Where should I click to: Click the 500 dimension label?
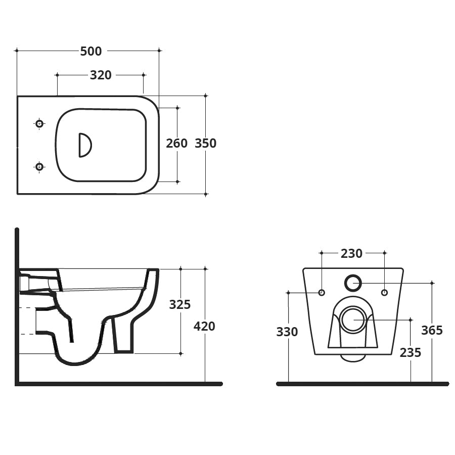coord(91,51)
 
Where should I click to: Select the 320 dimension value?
coord(101,75)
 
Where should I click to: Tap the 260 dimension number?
coord(177,143)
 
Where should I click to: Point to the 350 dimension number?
coord(206,143)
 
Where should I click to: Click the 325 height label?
coord(180,304)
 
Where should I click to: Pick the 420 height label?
coord(204,327)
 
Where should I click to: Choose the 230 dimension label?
coord(351,253)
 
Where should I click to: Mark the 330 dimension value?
coord(287,332)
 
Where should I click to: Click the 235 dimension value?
coord(410,352)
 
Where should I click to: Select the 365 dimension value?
coord(432,331)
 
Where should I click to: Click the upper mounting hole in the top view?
coord(39,123)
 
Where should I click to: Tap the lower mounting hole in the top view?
coord(39,166)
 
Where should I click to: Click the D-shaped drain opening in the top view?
coord(84,145)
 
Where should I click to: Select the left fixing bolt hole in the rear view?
coord(321,293)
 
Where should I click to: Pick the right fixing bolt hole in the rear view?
coord(384,293)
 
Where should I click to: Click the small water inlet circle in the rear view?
coord(353,283)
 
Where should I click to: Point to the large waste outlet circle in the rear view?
coord(352,320)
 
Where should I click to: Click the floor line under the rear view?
coord(362,384)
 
